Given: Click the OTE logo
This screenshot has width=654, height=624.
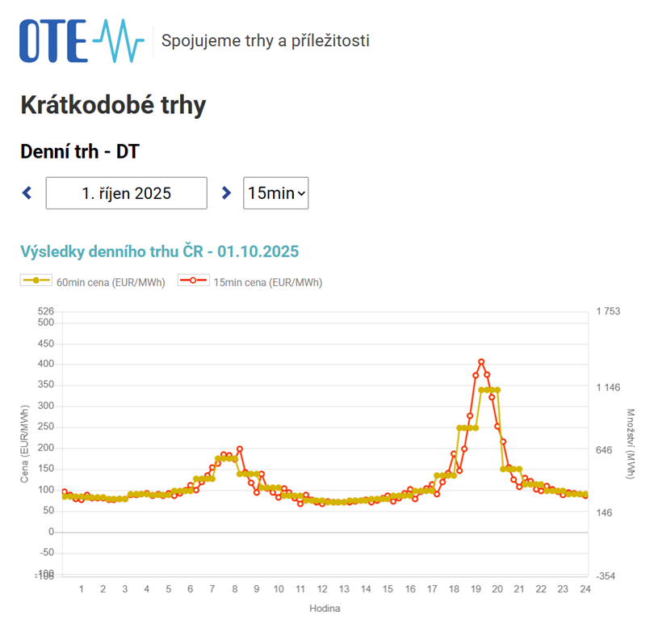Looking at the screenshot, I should click(x=81, y=40).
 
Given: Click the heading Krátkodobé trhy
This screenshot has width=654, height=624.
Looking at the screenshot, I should click(x=112, y=105).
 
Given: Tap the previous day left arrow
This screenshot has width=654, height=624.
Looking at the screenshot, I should click(x=27, y=193).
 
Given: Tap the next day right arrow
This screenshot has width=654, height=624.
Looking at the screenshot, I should click(x=226, y=193).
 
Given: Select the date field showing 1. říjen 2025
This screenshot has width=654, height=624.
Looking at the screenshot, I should click(x=127, y=193).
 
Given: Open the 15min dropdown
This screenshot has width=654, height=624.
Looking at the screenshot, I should click(x=275, y=193).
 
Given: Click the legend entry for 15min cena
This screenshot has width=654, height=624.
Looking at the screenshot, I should click(x=251, y=282).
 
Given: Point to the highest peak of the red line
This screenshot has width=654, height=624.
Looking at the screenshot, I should click(x=481, y=361).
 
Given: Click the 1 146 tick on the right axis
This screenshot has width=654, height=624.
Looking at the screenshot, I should click(x=607, y=388).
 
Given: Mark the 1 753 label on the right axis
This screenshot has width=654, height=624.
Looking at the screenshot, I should click(x=607, y=311).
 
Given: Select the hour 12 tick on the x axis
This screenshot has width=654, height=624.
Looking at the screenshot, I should click(x=322, y=588).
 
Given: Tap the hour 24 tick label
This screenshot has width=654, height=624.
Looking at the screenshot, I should click(x=585, y=588).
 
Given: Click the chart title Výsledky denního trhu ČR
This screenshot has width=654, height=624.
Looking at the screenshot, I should click(x=159, y=251).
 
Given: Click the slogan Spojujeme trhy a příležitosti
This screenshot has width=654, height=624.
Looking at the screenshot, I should click(x=266, y=40).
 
